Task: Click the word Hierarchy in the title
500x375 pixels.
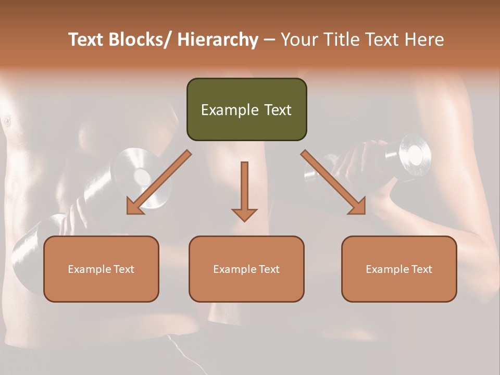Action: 218,40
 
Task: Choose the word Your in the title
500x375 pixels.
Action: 298,40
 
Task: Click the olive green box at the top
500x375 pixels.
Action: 246,109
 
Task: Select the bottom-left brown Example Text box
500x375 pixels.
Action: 101,269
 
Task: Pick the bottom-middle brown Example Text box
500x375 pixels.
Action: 246,269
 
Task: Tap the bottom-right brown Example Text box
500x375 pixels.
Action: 399,269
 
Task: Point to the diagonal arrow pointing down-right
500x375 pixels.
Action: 334,182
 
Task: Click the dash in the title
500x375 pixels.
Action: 269,40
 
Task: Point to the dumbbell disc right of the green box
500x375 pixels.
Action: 415,154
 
